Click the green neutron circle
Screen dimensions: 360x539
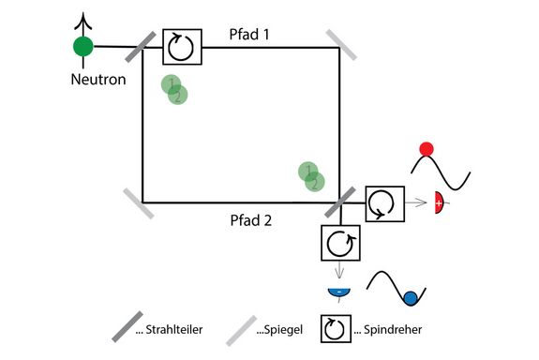tap(83, 45)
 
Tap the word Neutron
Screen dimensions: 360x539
tap(98, 80)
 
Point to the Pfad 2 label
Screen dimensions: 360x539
tap(250, 221)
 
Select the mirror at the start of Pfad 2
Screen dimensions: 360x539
tap(139, 202)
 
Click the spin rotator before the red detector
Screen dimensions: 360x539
tap(383, 202)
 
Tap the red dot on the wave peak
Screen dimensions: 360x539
tap(427, 148)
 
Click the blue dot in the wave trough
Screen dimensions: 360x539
tap(409, 299)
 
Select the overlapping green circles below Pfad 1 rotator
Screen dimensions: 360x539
tap(173, 90)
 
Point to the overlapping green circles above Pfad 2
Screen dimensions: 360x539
tap(311, 176)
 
